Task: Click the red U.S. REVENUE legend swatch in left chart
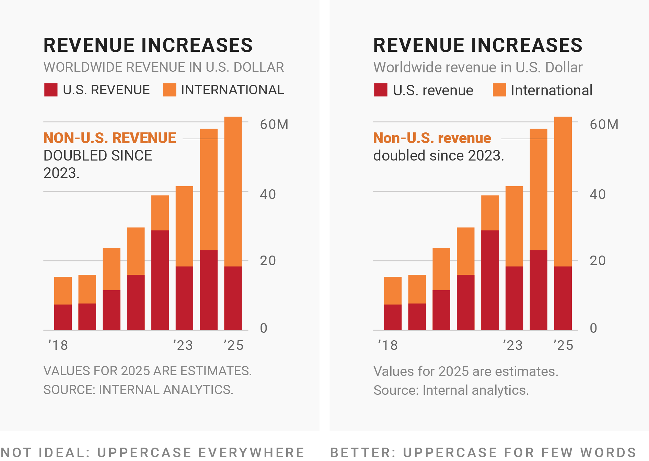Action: (x=51, y=90)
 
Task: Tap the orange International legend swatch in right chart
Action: (x=499, y=90)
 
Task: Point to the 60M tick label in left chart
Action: (x=274, y=125)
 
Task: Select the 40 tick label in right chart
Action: (x=598, y=194)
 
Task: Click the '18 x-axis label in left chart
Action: (x=58, y=345)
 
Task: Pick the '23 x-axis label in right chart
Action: (x=512, y=345)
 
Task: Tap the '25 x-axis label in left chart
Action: (x=233, y=345)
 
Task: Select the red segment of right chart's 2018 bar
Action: (x=393, y=317)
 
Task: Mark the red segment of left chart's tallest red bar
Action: (x=160, y=280)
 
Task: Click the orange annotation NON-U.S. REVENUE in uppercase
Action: (x=109, y=138)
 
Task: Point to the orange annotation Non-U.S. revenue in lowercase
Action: (x=432, y=138)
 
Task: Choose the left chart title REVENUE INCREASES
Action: (x=148, y=45)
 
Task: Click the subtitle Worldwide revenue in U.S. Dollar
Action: (x=478, y=68)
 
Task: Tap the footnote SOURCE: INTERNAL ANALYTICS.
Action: (x=138, y=390)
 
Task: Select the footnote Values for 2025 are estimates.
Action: (x=466, y=371)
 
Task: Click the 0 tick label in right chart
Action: (x=593, y=328)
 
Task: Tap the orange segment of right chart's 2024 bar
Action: (x=538, y=189)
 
